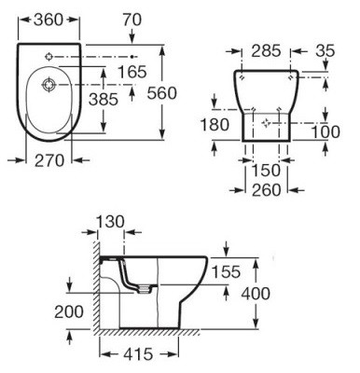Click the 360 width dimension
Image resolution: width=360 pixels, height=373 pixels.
click(48, 20)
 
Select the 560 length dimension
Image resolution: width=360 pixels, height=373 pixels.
click(161, 93)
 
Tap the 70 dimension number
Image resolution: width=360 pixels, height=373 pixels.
click(132, 20)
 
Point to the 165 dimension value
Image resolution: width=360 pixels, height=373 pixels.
click(132, 72)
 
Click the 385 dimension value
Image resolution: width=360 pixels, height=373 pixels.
click(104, 100)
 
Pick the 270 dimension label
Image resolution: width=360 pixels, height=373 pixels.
click(49, 160)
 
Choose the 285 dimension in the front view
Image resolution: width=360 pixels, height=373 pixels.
click(266, 51)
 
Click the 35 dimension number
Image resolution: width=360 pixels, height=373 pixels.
click(325, 51)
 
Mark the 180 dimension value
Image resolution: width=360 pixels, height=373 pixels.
click(215, 125)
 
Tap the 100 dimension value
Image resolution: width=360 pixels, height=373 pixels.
click(325, 131)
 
